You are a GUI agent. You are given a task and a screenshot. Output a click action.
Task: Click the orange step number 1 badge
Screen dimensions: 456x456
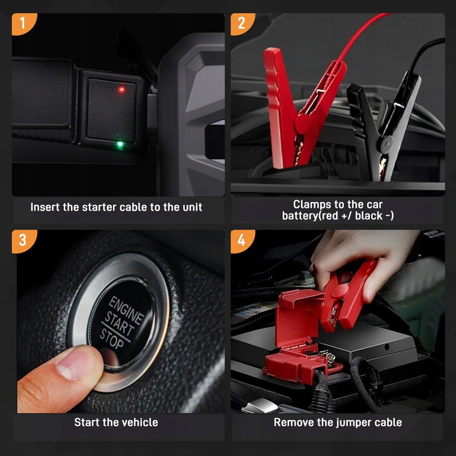[x=23, y=23]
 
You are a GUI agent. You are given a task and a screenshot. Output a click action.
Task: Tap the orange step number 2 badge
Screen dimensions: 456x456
[x=242, y=23]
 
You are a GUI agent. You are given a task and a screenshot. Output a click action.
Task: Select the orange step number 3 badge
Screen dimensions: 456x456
[x=23, y=240]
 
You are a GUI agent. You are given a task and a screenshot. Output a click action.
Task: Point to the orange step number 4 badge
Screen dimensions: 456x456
[x=242, y=240]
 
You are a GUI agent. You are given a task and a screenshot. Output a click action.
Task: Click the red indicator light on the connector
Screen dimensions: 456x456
[x=122, y=89]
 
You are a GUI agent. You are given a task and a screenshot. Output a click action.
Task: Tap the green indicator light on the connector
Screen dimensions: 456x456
[x=120, y=144]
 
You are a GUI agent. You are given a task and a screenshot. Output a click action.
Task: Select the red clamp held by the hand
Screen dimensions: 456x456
[x=346, y=297]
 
